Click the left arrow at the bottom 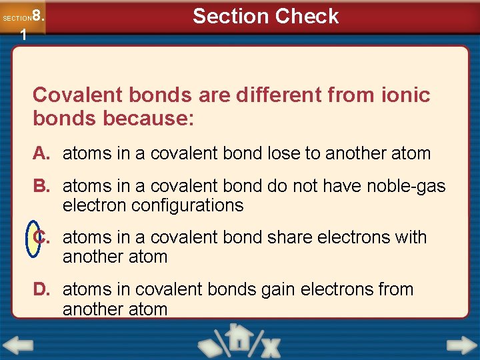[18, 345]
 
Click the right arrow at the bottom [461, 345]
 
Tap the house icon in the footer [237, 337]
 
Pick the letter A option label [41, 153]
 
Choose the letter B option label [41, 186]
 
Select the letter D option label [41, 289]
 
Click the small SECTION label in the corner [17, 19]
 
